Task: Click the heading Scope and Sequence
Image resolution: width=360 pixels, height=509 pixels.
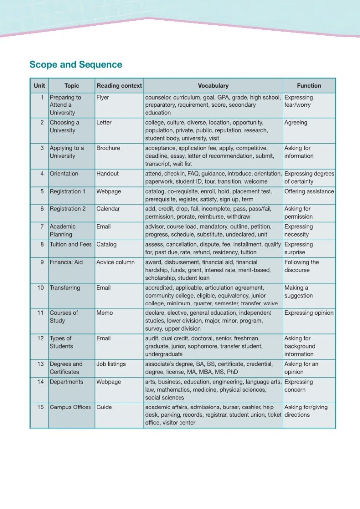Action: coord(76,65)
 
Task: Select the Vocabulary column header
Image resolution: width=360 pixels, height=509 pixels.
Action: coord(213,86)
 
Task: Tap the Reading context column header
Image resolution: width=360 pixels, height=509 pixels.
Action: coord(119,86)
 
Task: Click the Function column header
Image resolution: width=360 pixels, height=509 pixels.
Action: coord(309,86)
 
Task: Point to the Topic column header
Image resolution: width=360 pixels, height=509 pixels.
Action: coord(72,86)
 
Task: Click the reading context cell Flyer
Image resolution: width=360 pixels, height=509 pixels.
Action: coord(103,98)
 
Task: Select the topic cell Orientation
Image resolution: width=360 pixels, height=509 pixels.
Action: coord(64,174)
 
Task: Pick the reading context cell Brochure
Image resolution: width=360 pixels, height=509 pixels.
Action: coord(108,148)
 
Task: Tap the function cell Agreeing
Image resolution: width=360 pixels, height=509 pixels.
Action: coord(296,123)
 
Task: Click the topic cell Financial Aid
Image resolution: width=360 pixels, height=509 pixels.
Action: coord(66,262)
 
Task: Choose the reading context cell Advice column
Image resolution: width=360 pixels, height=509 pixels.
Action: coord(115,262)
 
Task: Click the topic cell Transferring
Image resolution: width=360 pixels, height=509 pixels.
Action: coord(65,288)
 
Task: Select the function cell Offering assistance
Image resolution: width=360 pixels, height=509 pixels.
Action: coord(309,192)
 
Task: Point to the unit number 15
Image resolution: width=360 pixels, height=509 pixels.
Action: coord(41,407)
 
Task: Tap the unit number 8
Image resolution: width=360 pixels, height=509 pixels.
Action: coord(42,245)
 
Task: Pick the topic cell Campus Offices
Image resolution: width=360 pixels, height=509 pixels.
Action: coord(70,407)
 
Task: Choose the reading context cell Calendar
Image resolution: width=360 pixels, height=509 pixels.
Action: coord(108,209)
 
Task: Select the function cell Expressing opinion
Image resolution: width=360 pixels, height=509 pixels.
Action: coord(309,313)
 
